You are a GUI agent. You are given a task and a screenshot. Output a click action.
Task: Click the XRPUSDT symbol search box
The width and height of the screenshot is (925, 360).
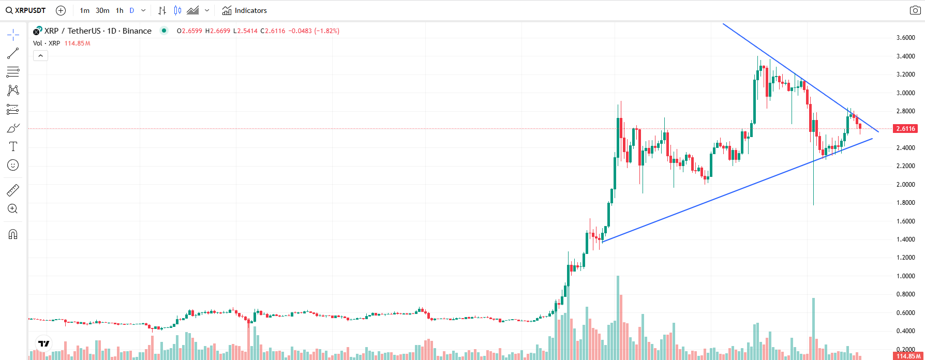tap(26, 10)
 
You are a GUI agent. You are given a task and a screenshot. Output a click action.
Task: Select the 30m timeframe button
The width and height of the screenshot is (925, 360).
tap(102, 10)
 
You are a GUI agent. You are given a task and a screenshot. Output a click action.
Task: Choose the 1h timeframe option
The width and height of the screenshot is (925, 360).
tap(120, 10)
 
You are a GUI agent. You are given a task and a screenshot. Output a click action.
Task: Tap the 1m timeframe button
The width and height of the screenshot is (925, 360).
tap(84, 10)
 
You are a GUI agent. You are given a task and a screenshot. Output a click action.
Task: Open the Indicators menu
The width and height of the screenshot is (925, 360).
tap(245, 10)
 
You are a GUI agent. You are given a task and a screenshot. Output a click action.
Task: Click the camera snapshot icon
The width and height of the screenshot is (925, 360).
tap(915, 10)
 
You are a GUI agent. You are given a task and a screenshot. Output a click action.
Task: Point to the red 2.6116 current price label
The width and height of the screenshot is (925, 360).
tap(905, 128)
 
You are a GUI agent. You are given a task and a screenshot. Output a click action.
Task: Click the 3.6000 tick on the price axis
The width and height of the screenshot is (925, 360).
tap(905, 38)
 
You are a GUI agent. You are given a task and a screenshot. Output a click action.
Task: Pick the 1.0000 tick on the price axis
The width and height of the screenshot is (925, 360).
tap(905, 276)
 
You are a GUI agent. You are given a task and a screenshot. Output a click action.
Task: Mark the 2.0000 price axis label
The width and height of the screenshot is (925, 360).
tap(905, 184)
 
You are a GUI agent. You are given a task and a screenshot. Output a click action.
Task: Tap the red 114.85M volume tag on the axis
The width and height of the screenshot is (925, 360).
tap(908, 356)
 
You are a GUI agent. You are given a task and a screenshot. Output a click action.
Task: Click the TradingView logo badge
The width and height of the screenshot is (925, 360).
tap(44, 343)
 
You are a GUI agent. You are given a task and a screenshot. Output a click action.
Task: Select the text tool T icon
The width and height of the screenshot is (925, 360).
tap(13, 146)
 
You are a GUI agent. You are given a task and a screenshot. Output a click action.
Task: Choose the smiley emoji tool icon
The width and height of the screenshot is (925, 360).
tap(13, 165)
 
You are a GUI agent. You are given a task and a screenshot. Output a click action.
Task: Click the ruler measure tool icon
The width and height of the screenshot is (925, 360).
tap(13, 190)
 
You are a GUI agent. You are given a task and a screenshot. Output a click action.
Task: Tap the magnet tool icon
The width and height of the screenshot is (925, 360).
tap(13, 234)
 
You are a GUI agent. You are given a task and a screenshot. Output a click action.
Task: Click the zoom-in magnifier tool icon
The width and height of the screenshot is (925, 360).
tap(13, 209)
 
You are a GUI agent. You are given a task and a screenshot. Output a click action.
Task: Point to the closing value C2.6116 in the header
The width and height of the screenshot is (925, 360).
tap(273, 31)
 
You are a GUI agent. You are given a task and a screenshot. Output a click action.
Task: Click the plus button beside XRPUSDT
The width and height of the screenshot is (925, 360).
tap(61, 10)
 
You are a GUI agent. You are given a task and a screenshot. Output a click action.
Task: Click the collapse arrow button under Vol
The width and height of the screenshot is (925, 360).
tap(40, 55)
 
